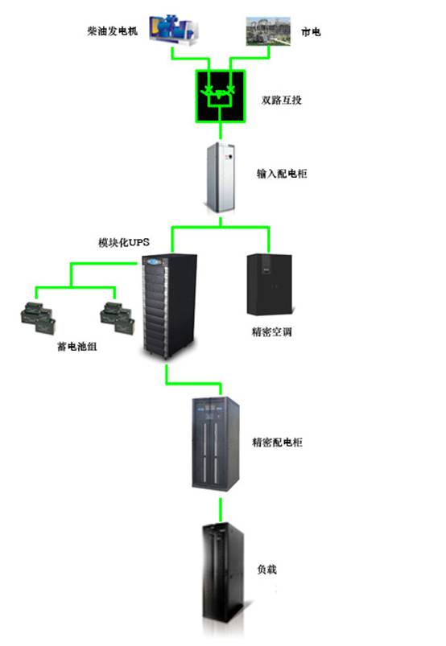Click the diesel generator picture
tap(174, 30)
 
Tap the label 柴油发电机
tap(112, 31)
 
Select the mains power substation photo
tap(268, 31)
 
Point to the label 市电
tap(311, 31)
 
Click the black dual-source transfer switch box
tap(221, 97)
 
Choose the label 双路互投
tap(282, 100)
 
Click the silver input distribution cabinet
tap(221, 178)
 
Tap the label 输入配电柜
tap(282, 174)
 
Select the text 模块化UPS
tap(124, 242)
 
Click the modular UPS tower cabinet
tap(169, 307)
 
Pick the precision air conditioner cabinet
tap(270, 285)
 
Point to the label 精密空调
tap(271, 331)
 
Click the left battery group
tap(38, 318)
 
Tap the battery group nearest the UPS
tap(118, 318)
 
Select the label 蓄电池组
tap(77, 347)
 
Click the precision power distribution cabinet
tap(216, 444)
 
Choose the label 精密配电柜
tap(277, 442)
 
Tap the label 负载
tap(266, 570)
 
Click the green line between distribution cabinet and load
tap(221, 510)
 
